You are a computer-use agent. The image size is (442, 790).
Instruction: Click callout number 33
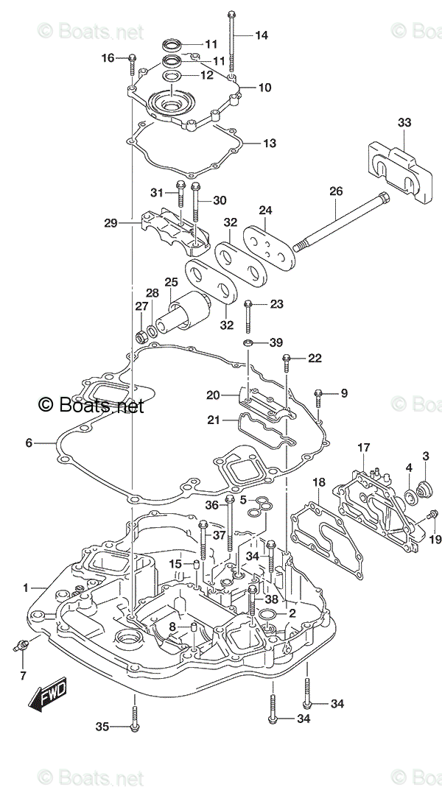404,122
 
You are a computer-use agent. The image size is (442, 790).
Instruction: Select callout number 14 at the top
262,35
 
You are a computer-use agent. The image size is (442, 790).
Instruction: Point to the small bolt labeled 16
132,64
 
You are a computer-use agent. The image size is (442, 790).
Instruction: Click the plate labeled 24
268,247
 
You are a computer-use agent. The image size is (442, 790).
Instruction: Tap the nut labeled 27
142,336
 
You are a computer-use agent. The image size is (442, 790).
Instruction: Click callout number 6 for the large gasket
29,443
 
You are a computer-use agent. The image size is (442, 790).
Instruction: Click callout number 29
111,222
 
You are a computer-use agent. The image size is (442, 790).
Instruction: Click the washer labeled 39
248,344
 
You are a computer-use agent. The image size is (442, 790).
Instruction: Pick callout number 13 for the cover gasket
270,143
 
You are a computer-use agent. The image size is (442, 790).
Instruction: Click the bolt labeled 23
248,317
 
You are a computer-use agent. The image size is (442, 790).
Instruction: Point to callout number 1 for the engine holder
25,588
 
